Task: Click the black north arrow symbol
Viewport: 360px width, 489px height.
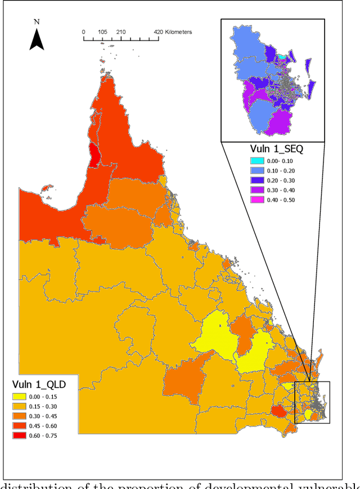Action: (x=37, y=40)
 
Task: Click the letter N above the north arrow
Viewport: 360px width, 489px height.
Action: (x=37, y=22)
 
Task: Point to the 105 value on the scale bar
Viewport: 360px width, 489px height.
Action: (x=102, y=32)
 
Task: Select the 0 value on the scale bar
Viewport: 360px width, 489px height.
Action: (x=84, y=32)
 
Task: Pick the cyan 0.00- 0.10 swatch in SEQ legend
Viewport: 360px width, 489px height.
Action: (x=257, y=161)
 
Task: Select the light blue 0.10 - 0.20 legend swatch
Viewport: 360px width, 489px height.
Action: (x=257, y=170)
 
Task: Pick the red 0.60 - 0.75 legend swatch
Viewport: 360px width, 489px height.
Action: (x=21, y=436)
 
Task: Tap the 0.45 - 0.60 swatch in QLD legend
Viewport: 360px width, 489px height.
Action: (x=21, y=426)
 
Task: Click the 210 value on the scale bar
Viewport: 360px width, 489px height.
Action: (x=121, y=32)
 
